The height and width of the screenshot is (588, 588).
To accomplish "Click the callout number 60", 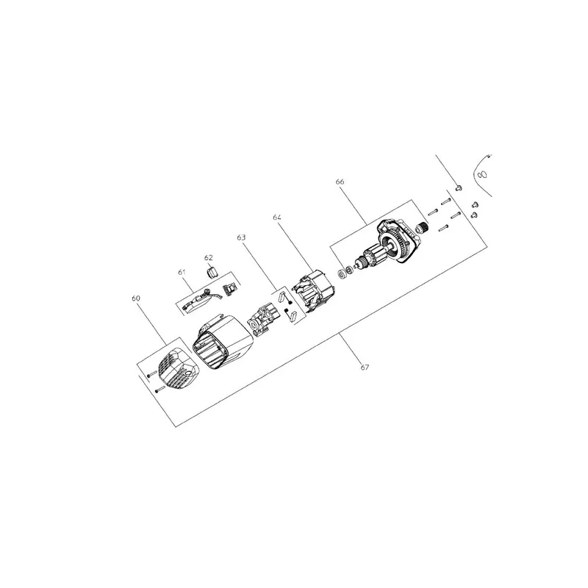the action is [136, 298].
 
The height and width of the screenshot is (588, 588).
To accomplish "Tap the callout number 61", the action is [182, 272].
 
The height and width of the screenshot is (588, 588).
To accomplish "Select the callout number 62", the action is [209, 258].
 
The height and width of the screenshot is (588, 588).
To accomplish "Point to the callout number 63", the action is [241, 237].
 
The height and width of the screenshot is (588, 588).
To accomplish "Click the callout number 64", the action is [277, 217].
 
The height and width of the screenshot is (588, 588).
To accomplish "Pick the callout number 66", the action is [340, 182].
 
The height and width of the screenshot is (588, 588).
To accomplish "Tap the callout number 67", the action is [365, 367].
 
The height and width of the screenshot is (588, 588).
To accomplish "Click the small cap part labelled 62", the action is [212, 271].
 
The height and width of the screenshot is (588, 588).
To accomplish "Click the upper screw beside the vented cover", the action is [152, 374].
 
